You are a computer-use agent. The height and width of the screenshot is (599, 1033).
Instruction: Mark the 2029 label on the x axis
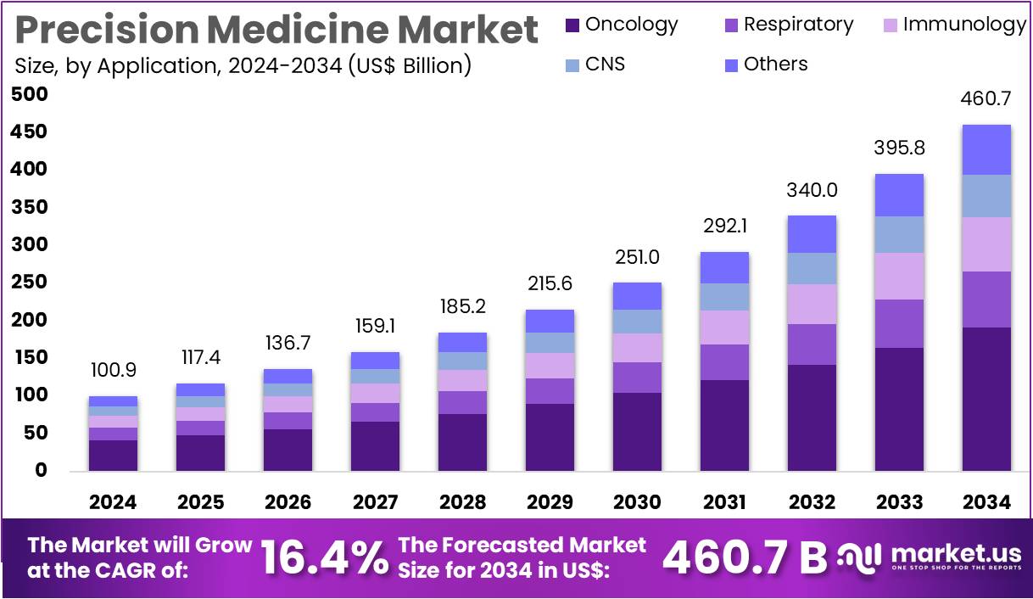point(550,502)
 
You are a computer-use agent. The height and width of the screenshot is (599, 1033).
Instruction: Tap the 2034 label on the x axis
point(986,502)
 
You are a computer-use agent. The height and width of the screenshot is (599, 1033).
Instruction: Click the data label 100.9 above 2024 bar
point(113,371)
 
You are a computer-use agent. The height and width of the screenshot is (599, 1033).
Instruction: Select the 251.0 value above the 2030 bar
point(637,257)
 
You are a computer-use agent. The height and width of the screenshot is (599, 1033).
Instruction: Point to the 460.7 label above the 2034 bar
point(986,99)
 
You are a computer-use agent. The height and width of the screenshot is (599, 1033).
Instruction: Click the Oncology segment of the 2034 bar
point(986,399)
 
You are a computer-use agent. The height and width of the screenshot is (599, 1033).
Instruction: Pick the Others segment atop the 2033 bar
point(899,195)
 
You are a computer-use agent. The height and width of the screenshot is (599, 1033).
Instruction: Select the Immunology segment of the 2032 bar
point(812,304)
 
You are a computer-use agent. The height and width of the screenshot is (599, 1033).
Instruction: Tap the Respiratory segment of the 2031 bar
point(724,362)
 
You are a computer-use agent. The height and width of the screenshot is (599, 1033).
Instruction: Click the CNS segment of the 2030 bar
point(637,322)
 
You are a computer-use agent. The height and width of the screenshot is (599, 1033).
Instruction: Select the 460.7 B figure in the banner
point(744,557)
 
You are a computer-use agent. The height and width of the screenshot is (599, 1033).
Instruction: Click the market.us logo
point(929,557)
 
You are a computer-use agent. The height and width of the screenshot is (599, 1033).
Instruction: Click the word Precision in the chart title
point(107,31)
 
